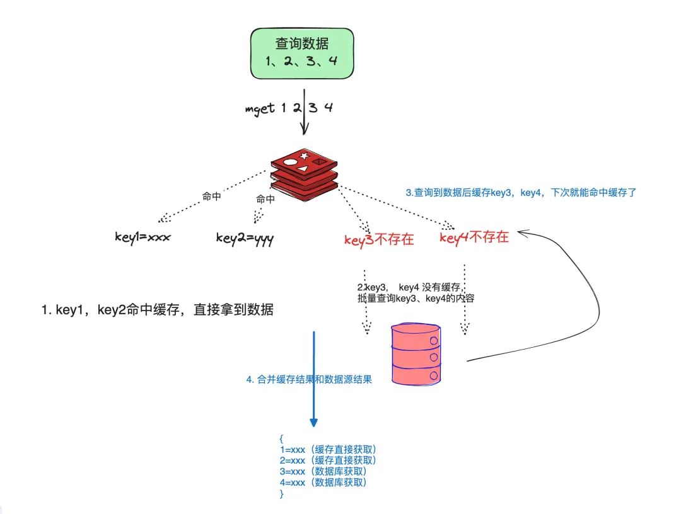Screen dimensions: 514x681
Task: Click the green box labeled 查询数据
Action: (x=302, y=53)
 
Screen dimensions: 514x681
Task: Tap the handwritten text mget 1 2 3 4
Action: (x=289, y=108)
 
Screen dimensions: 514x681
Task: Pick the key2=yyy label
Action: (x=245, y=237)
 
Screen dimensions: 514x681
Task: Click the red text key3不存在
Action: (x=379, y=239)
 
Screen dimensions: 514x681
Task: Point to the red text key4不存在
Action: (x=474, y=237)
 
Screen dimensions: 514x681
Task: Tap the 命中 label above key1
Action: (x=211, y=197)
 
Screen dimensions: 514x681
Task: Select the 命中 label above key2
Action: (x=265, y=200)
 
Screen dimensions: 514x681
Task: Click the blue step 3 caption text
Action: (x=521, y=193)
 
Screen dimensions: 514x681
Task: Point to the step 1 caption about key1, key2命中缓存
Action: (x=158, y=310)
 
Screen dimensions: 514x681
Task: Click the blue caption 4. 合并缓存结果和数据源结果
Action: (x=309, y=380)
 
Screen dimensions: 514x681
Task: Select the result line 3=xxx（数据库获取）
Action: (x=323, y=471)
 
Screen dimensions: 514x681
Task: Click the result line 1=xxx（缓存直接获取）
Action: (x=328, y=450)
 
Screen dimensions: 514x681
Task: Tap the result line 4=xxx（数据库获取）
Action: (x=323, y=483)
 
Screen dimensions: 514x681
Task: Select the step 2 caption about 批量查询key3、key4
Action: (x=415, y=293)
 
